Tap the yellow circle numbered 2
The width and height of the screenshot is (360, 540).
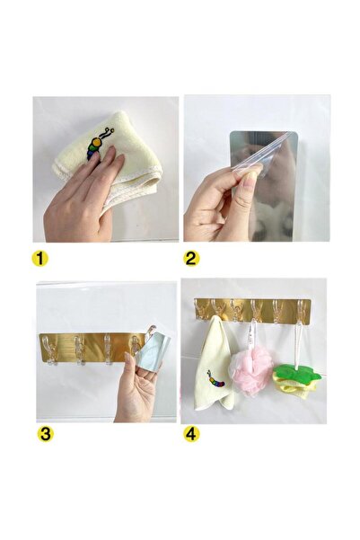point(191,259)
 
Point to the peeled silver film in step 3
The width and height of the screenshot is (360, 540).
point(154,356)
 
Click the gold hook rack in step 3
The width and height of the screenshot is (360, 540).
point(90,346)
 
